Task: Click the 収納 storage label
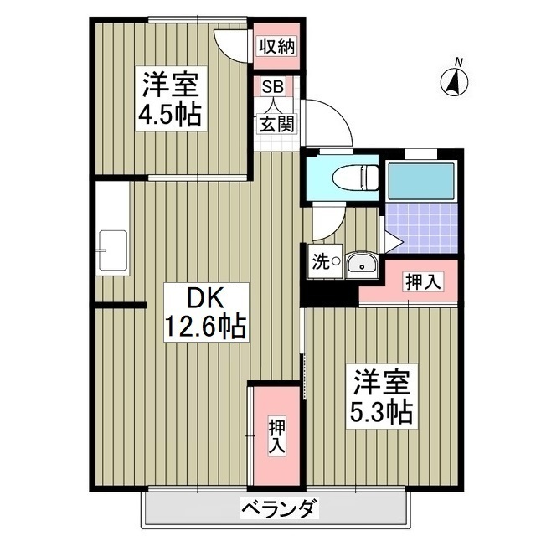pyautogui.click(x=276, y=47)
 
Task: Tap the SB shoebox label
pyautogui.click(x=272, y=87)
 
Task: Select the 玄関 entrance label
pyautogui.click(x=276, y=123)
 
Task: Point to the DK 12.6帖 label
pyautogui.click(x=205, y=312)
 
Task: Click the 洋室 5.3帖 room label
pyautogui.click(x=382, y=396)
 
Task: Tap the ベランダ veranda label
pyautogui.click(x=278, y=508)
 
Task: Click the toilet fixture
pyautogui.click(x=355, y=178)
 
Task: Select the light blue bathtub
pyautogui.click(x=421, y=181)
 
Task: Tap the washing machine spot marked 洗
pyautogui.click(x=325, y=261)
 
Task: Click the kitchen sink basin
pyautogui.click(x=112, y=250)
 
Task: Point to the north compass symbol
pyautogui.click(x=454, y=83)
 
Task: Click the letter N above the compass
pyautogui.click(x=460, y=63)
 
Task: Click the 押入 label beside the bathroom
pyautogui.click(x=423, y=281)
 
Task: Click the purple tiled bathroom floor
pyautogui.click(x=421, y=228)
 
